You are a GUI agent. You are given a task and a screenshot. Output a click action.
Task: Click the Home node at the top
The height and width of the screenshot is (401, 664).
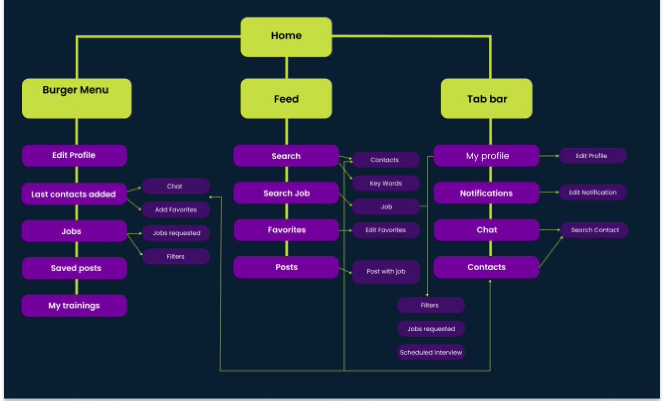click(x=286, y=37)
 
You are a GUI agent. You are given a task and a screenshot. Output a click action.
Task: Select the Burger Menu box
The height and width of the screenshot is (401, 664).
click(x=77, y=98)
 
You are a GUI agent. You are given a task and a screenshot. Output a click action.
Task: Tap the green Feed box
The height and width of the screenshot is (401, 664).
click(x=286, y=99)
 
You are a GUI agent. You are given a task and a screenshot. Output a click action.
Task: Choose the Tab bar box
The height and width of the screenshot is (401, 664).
click(x=486, y=99)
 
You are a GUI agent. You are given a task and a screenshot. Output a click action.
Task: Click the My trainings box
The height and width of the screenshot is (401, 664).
click(x=74, y=305)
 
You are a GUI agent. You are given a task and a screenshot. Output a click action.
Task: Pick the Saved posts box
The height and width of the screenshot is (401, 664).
click(x=75, y=268)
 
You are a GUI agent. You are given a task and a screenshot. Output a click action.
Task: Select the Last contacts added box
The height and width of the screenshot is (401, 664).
click(x=74, y=194)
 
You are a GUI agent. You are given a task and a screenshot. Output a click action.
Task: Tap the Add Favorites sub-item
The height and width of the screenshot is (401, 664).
click(x=176, y=209)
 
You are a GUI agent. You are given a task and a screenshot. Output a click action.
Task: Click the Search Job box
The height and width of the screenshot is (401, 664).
click(x=286, y=193)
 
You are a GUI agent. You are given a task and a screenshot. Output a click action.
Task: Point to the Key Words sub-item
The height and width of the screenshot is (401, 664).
click(x=386, y=183)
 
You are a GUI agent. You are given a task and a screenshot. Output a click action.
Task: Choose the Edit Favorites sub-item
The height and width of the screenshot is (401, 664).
click(x=386, y=230)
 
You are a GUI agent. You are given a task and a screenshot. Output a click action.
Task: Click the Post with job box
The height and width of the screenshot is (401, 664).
click(x=386, y=272)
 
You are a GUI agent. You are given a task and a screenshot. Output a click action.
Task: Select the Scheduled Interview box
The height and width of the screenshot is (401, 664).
click(x=431, y=352)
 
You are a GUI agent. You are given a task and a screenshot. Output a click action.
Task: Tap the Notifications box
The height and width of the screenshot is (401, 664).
click(x=486, y=193)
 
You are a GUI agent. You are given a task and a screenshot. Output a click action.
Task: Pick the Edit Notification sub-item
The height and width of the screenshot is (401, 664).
click(x=593, y=192)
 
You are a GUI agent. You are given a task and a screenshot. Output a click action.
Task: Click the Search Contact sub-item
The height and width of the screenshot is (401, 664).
click(x=595, y=230)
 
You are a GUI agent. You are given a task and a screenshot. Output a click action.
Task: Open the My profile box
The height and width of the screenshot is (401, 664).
click(x=486, y=156)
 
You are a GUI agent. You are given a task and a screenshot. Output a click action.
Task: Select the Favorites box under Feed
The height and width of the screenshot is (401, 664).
click(x=286, y=230)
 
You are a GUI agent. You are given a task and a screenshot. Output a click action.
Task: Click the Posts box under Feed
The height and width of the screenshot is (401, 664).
click(x=286, y=267)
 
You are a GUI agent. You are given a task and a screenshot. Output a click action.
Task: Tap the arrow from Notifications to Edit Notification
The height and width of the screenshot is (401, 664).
click(x=549, y=192)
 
